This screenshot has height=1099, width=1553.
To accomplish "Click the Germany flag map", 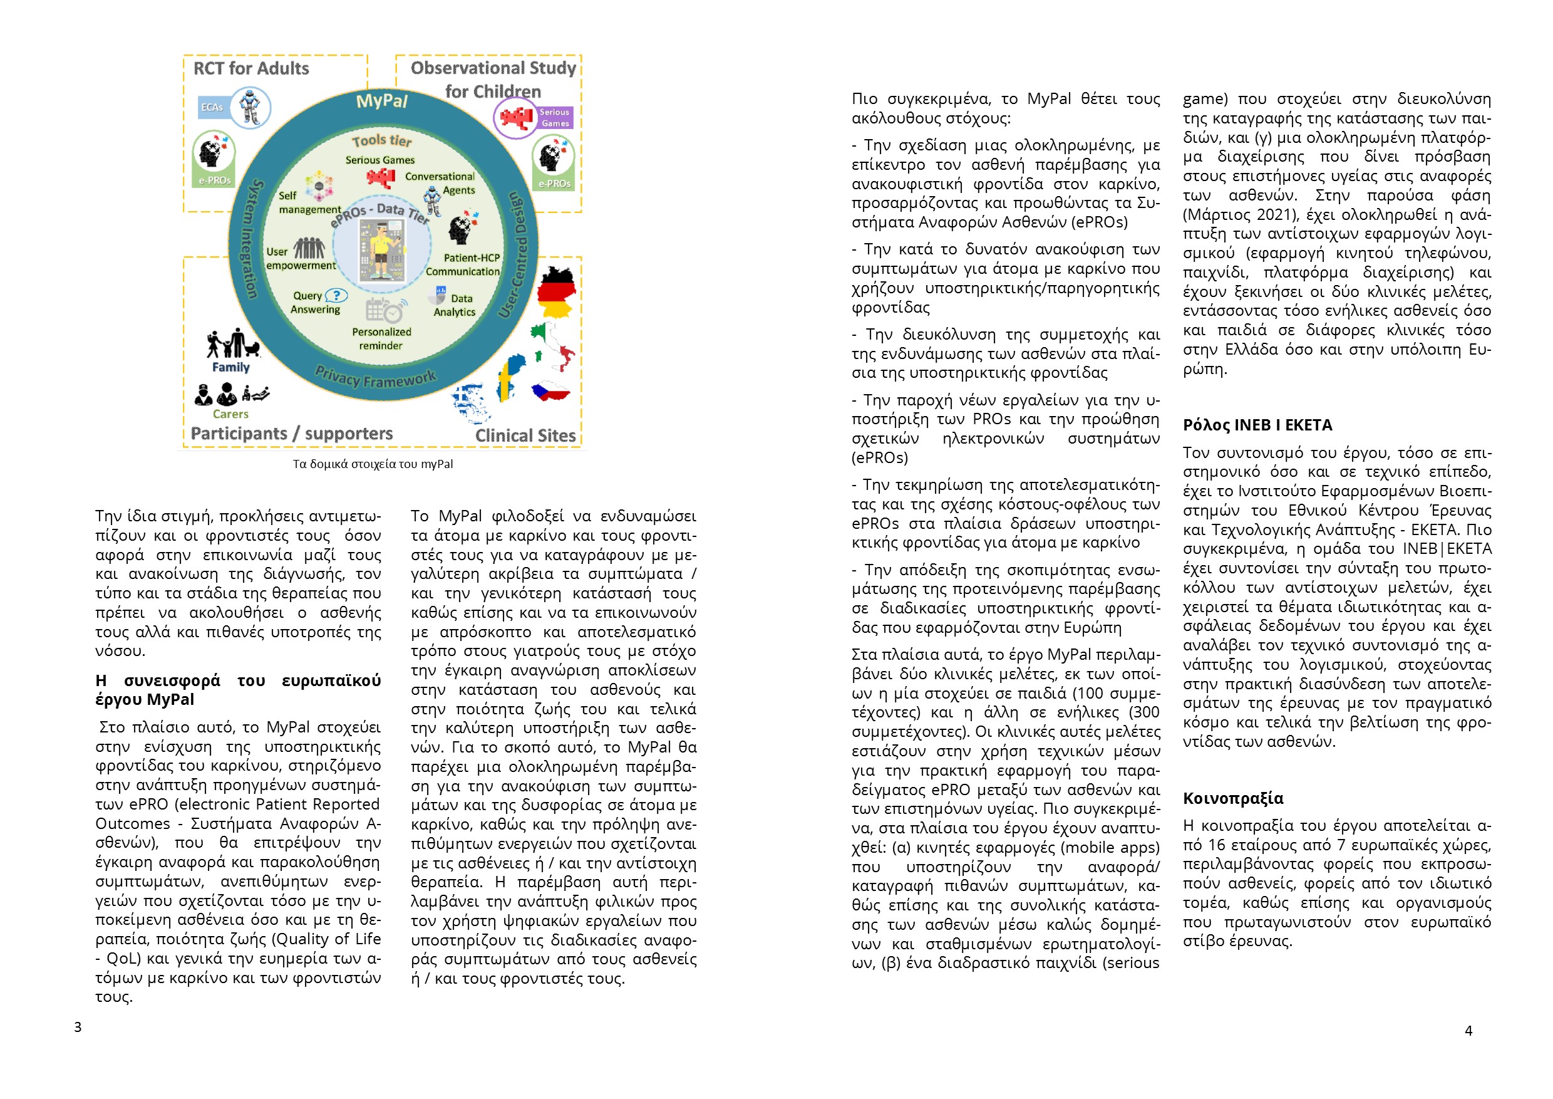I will tap(556, 292).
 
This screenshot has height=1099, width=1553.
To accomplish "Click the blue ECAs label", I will tap(212, 108).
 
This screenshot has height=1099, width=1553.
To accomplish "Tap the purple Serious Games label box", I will tap(555, 118).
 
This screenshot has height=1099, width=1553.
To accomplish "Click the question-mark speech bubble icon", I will tap(336, 296).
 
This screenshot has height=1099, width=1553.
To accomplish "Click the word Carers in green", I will tap(230, 414).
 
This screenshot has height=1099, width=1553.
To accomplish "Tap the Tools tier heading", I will tap(381, 141).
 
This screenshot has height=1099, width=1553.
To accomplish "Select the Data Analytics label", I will tap(455, 305).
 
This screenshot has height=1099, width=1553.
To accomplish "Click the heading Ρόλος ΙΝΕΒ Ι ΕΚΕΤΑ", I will tap(1257, 425).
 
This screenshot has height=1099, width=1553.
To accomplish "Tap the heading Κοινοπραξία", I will tap(1232, 798).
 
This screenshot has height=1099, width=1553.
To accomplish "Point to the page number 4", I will tap(1468, 1031).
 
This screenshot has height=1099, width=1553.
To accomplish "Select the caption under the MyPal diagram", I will tap(373, 464).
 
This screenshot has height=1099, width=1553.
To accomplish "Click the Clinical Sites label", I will tap(525, 436).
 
